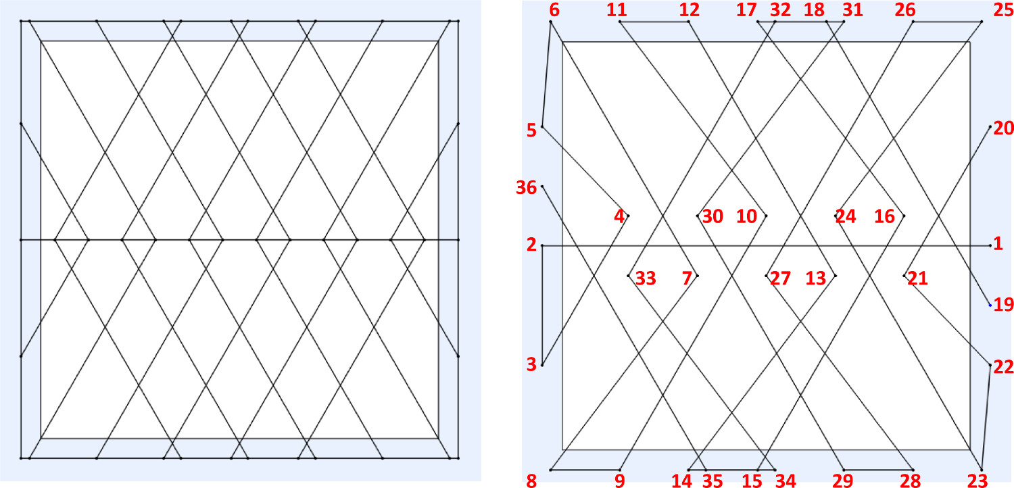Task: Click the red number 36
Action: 526,187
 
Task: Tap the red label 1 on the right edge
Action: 998,245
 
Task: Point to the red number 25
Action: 999,11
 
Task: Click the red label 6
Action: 555,11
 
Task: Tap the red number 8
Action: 531,481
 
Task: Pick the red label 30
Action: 713,217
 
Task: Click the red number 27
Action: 781,278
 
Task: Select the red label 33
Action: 646,278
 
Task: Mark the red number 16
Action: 884,217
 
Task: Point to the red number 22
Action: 1004,367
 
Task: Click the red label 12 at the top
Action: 690,11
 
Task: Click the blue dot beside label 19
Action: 990,306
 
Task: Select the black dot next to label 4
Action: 628,216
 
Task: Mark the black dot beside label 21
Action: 904,275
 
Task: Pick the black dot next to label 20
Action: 990,126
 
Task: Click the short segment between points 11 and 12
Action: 654,22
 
